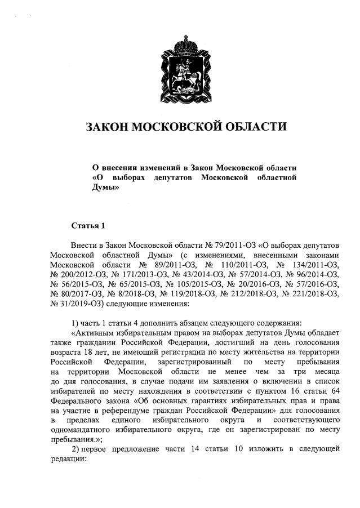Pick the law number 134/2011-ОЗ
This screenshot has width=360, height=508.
click(x=312, y=265)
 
